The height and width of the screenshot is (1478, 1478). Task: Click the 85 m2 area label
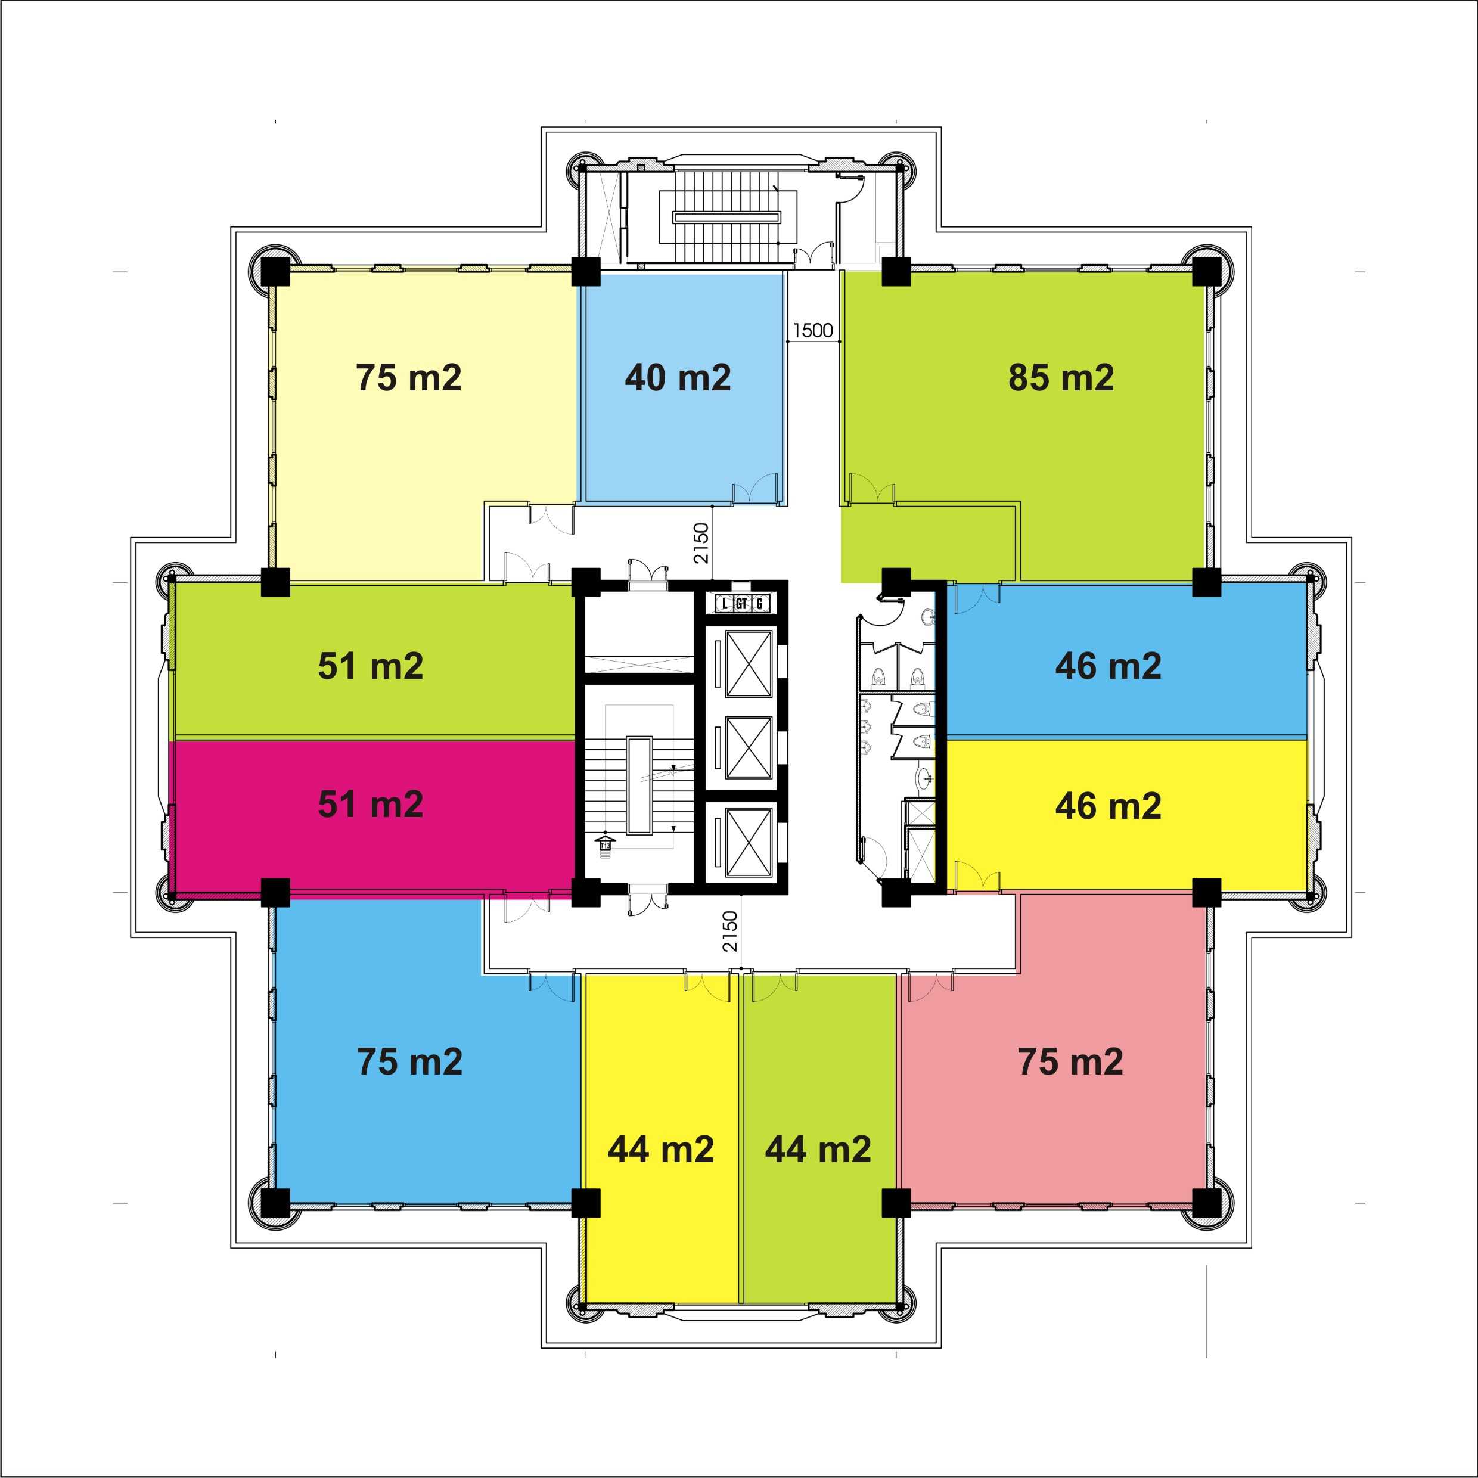tap(1061, 378)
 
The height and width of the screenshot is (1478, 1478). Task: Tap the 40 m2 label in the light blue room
tap(678, 378)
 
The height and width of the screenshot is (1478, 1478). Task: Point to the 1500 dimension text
tap(812, 331)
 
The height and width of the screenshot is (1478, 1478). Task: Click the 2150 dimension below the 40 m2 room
tap(701, 543)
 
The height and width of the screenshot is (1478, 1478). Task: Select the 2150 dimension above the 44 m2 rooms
tap(730, 931)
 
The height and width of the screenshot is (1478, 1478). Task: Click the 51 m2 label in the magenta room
tap(371, 805)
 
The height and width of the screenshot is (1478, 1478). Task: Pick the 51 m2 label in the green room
tap(371, 666)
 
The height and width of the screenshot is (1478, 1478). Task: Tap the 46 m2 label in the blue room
tap(1108, 666)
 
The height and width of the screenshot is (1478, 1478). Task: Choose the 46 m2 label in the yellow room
tap(1108, 806)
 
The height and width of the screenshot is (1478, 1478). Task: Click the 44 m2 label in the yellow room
tap(661, 1149)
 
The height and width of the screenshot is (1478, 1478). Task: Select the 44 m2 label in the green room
tap(818, 1149)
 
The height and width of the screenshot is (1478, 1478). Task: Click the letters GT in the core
tap(741, 604)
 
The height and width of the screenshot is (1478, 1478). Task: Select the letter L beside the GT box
tap(725, 604)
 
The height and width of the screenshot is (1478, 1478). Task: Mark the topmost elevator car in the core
tap(749, 664)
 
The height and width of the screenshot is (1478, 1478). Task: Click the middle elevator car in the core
tap(749, 747)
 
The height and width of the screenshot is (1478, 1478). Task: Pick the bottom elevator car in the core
tap(749, 842)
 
